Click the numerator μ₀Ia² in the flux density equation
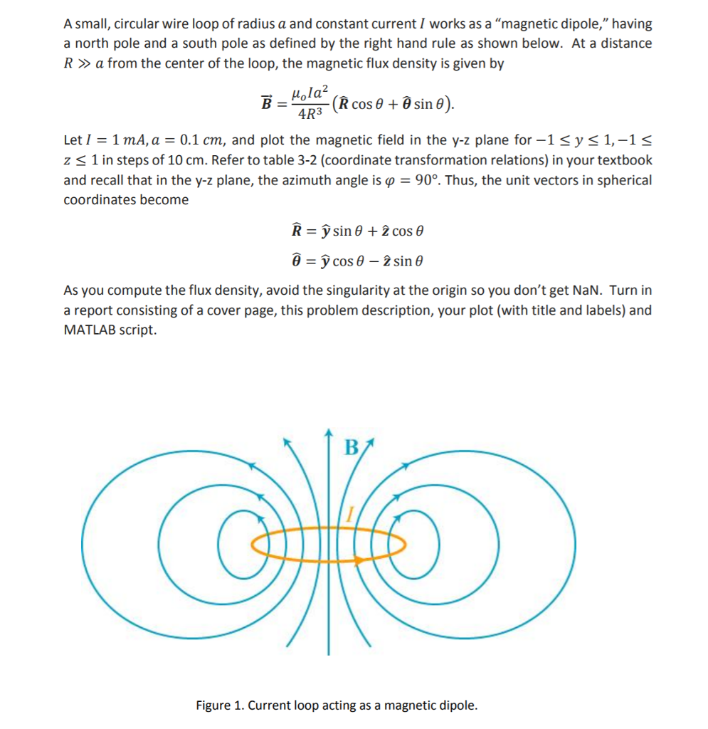[310, 93]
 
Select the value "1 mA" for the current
[122, 141]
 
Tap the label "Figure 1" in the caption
[221, 706]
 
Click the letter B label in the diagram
[352, 448]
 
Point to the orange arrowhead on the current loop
[361, 560]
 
